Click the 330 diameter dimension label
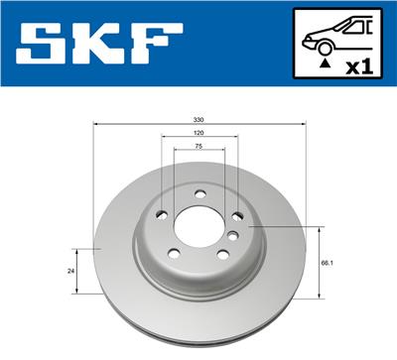click(x=198, y=118)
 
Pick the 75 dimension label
click(x=198, y=145)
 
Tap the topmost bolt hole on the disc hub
click(x=198, y=193)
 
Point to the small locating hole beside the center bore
click(x=231, y=236)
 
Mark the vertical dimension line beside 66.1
click(x=318, y=263)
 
